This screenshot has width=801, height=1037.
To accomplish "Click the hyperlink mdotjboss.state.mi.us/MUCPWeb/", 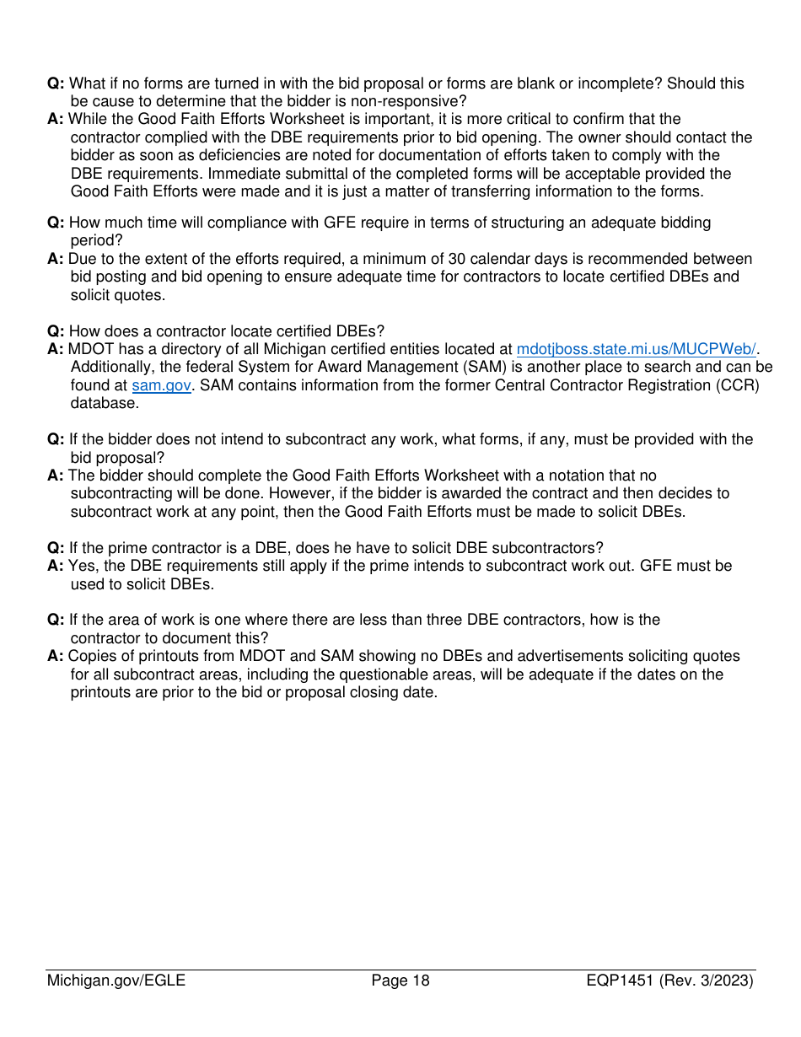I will click(x=636, y=349).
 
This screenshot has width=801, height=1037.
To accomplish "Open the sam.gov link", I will click(x=161, y=385).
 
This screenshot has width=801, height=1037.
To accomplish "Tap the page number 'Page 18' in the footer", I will click(x=400, y=981).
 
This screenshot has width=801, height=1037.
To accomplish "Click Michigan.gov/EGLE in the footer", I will click(x=116, y=981).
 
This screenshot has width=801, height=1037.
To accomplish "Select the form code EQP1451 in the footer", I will click(x=622, y=981).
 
